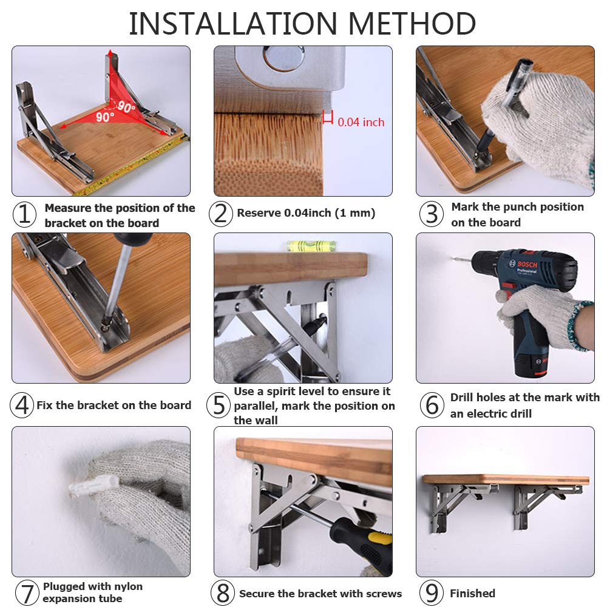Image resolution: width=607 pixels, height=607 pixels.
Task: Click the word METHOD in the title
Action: [412, 24]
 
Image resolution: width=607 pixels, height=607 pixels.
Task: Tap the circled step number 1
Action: [24, 214]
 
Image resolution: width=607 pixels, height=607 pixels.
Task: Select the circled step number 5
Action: [219, 405]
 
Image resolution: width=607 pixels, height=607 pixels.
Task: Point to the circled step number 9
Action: [432, 592]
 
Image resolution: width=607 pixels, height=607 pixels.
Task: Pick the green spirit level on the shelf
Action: [311, 245]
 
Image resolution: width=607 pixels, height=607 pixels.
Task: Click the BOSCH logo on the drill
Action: [527, 265]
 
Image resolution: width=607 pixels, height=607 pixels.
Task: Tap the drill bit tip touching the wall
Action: [453, 258]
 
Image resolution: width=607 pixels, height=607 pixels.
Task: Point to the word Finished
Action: [472, 594]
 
